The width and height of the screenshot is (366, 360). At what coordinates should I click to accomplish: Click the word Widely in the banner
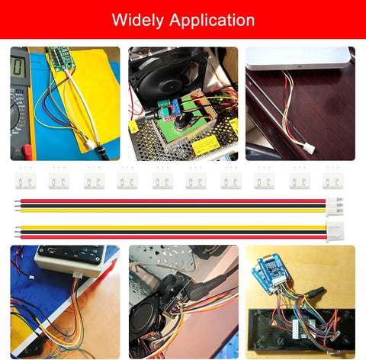(x=138, y=21)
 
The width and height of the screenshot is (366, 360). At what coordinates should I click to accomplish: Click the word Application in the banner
(x=212, y=20)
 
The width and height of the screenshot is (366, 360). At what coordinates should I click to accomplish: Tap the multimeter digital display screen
(x=18, y=66)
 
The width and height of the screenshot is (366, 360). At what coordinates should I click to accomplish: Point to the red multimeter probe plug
(x=27, y=152)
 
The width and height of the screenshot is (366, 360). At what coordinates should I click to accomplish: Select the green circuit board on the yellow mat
(x=62, y=59)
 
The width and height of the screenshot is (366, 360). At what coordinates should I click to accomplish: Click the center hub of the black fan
(x=169, y=86)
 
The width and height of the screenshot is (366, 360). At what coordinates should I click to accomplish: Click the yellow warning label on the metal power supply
(x=205, y=145)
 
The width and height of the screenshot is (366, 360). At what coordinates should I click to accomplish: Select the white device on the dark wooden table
(x=298, y=58)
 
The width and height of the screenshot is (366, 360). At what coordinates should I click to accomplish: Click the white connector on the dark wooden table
(x=309, y=148)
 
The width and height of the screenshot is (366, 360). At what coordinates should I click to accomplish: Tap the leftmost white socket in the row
(x=25, y=180)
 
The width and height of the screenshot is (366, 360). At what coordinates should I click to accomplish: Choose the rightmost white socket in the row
(x=332, y=180)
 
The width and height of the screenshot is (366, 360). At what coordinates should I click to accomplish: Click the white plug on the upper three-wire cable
(x=335, y=206)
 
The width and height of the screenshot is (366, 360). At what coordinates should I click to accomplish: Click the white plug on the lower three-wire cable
(x=335, y=232)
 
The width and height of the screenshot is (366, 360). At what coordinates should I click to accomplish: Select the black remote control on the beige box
(x=72, y=254)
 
